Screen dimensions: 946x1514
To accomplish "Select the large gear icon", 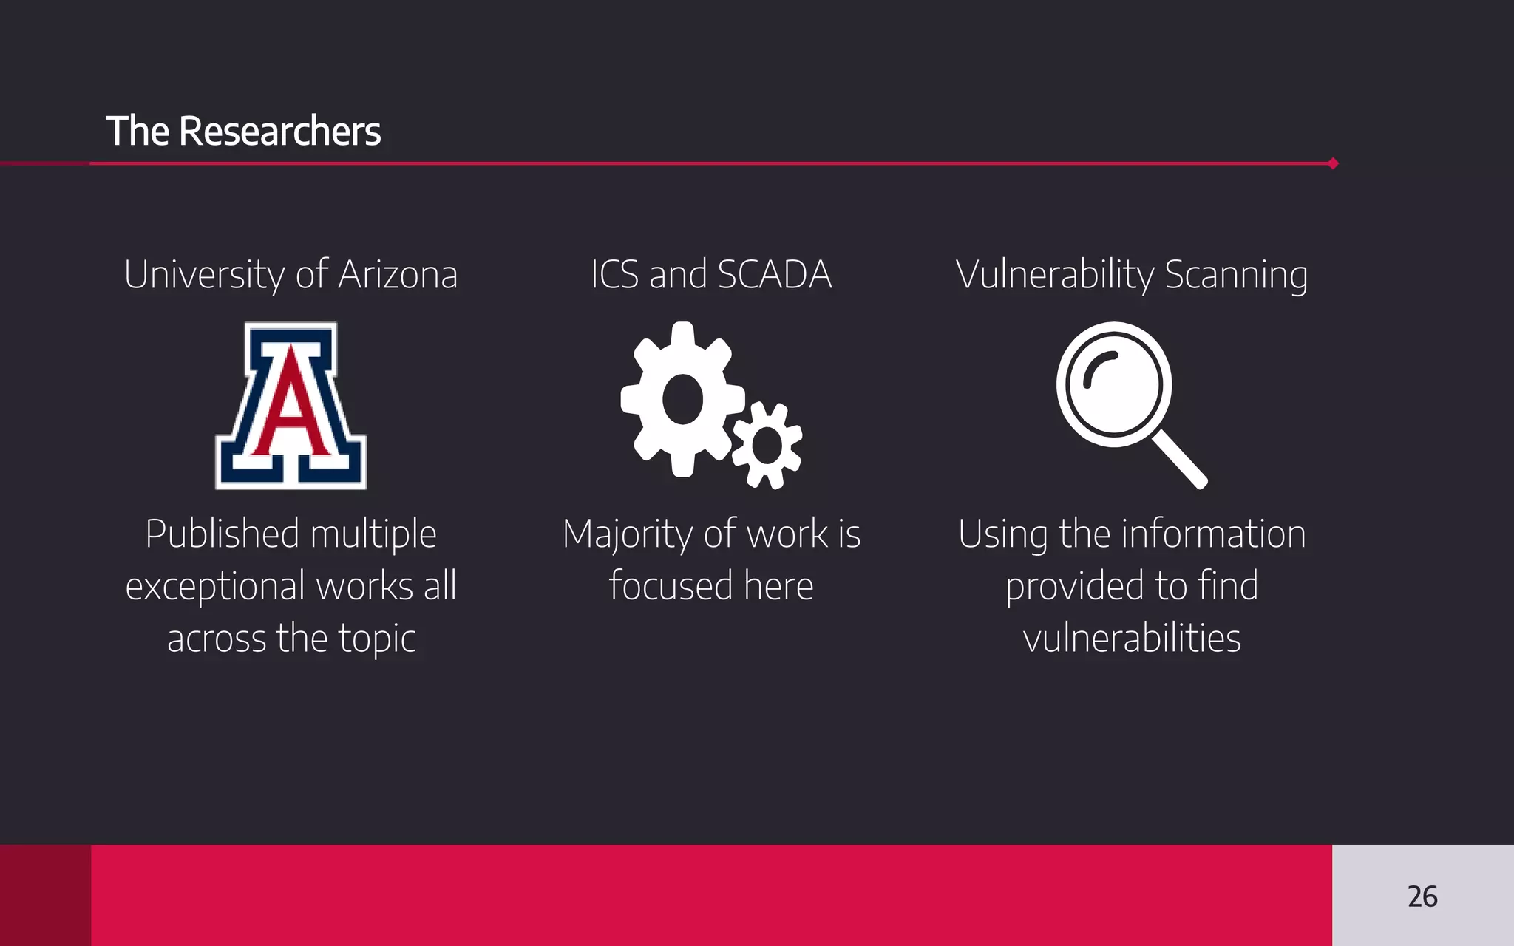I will tap(682, 399).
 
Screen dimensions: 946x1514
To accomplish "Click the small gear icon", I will tap(767, 446).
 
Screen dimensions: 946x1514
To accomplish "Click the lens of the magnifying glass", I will tap(1114, 384).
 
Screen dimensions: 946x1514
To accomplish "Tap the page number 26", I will tap(1422, 896).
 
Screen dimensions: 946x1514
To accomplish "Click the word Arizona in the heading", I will tap(398, 275).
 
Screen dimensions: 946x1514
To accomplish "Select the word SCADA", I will tap(774, 275).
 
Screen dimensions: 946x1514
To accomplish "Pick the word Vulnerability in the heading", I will tap(1055, 275).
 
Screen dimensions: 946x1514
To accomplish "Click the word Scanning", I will tap(1236, 275).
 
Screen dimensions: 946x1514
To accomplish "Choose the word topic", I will tap(377, 639).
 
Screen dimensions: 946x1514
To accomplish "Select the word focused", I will tap(671, 586).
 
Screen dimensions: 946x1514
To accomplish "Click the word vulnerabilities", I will tap(1132, 639).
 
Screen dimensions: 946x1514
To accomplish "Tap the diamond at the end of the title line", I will tap(1333, 163).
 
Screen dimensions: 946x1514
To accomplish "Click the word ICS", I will tap(614, 275).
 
